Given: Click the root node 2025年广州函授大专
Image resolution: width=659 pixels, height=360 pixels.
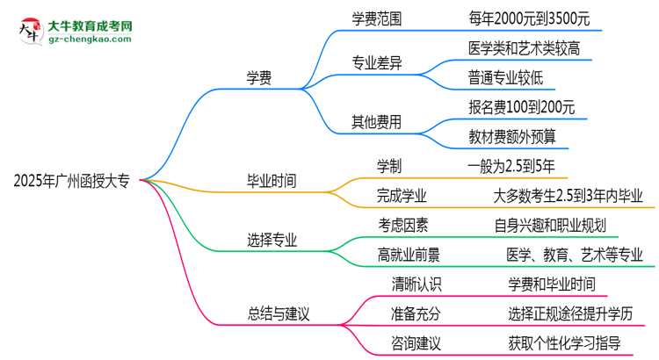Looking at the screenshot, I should click(x=71, y=182).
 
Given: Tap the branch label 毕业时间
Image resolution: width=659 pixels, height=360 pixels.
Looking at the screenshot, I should click(x=272, y=182).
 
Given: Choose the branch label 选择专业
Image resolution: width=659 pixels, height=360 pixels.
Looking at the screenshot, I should click(x=272, y=240).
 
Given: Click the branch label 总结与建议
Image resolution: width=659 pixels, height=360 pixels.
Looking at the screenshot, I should click(x=279, y=312).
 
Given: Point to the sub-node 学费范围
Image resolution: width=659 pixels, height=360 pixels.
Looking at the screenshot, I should click(x=379, y=18).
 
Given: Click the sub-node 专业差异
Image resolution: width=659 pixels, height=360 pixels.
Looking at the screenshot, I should click(x=379, y=62).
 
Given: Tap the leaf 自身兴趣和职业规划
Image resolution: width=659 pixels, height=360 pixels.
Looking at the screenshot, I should click(x=551, y=224).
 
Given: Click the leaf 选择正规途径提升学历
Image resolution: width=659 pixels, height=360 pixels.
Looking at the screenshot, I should click(x=570, y=312).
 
